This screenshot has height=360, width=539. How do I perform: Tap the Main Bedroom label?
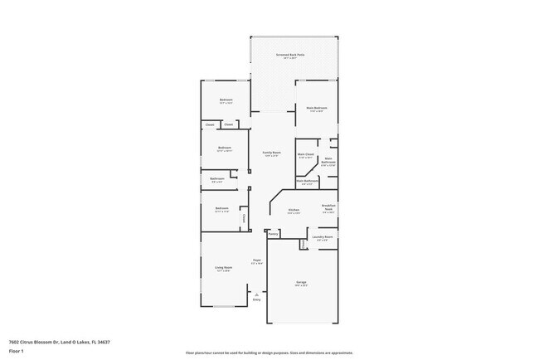click(x=316, y=108)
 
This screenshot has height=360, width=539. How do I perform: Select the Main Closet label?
click(x=306, y=153)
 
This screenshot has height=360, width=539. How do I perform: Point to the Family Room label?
click(x=272, y=153)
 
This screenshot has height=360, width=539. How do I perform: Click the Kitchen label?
click(x=294, y=210)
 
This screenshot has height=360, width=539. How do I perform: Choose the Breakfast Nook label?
click(x=328, y=207)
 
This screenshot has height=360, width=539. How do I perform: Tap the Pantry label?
click(x=273, y=235)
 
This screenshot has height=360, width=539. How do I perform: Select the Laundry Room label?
click(x=323, y=236)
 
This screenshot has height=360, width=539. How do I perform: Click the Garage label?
click(x=301, y=282)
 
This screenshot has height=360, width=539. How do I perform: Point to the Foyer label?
click(x=257, y=260)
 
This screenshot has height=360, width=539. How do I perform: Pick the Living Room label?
click(x=224, y=267)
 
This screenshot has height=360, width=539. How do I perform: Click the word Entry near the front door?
click(x=257, y=299)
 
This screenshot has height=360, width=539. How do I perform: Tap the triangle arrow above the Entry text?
click(x=257, y=294)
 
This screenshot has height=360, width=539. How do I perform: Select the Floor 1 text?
click(x=17, y=351)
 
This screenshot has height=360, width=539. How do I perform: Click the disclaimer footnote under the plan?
click(x=269, y=352)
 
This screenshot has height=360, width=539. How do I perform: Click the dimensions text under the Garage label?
click(x=301, y=285)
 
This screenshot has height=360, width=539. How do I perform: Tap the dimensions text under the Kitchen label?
click(x=294, y=213)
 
